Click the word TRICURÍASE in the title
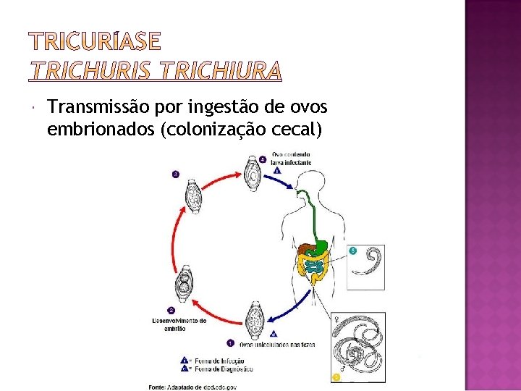click(94, 42)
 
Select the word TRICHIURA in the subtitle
click(221, 71)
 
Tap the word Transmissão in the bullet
click(96, 108)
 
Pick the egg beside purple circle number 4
click(254, 174)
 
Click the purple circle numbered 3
click(174, 174)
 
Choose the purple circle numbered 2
click(171, 310)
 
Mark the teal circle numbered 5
click(352, 251)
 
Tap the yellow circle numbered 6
click(336, 377)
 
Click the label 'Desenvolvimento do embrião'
click(179, 324)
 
